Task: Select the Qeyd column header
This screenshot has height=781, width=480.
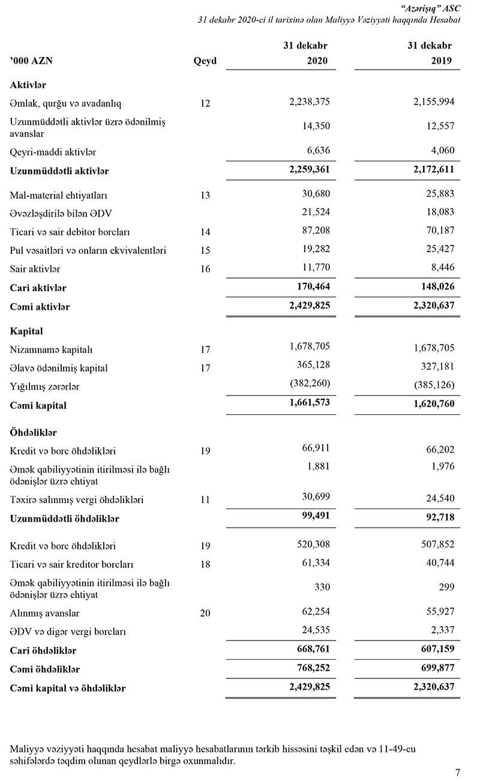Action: tap(205, 61)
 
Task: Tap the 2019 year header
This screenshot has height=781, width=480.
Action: tap(441, 61)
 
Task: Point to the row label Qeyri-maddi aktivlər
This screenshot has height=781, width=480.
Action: tap(53, 152)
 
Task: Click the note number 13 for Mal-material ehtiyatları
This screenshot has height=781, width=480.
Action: tap(205, 195)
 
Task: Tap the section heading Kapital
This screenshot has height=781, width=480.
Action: tap(26, 331)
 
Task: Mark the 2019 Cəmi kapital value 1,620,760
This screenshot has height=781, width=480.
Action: tap(433, 404)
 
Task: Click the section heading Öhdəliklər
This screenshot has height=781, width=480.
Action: tap(34, 432)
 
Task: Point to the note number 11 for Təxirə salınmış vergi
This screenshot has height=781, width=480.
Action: tap(205, 499)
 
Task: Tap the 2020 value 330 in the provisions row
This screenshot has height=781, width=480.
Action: tap(322, 587)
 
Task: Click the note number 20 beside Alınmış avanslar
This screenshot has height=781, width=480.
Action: tap(205, 613)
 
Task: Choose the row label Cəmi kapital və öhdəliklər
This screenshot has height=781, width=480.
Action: tap(68, 688)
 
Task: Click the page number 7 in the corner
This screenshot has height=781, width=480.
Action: tap(458, 772)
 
